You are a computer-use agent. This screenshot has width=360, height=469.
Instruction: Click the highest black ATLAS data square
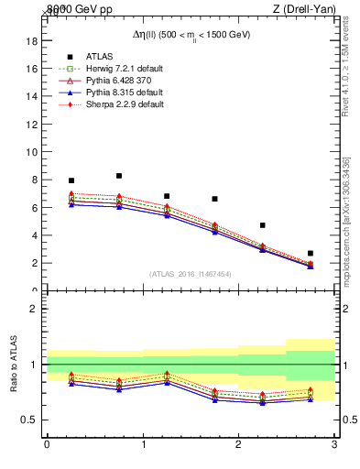point(119,176)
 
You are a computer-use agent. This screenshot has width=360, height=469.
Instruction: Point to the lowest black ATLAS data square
point(310,253)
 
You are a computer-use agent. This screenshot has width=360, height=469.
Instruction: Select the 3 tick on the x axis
point(334,444)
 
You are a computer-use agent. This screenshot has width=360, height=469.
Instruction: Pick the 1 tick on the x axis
point(143,444)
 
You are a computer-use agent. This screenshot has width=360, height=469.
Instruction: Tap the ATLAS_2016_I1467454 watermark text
point(191,274)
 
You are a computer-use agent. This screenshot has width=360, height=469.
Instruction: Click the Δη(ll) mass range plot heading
point(191,34)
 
